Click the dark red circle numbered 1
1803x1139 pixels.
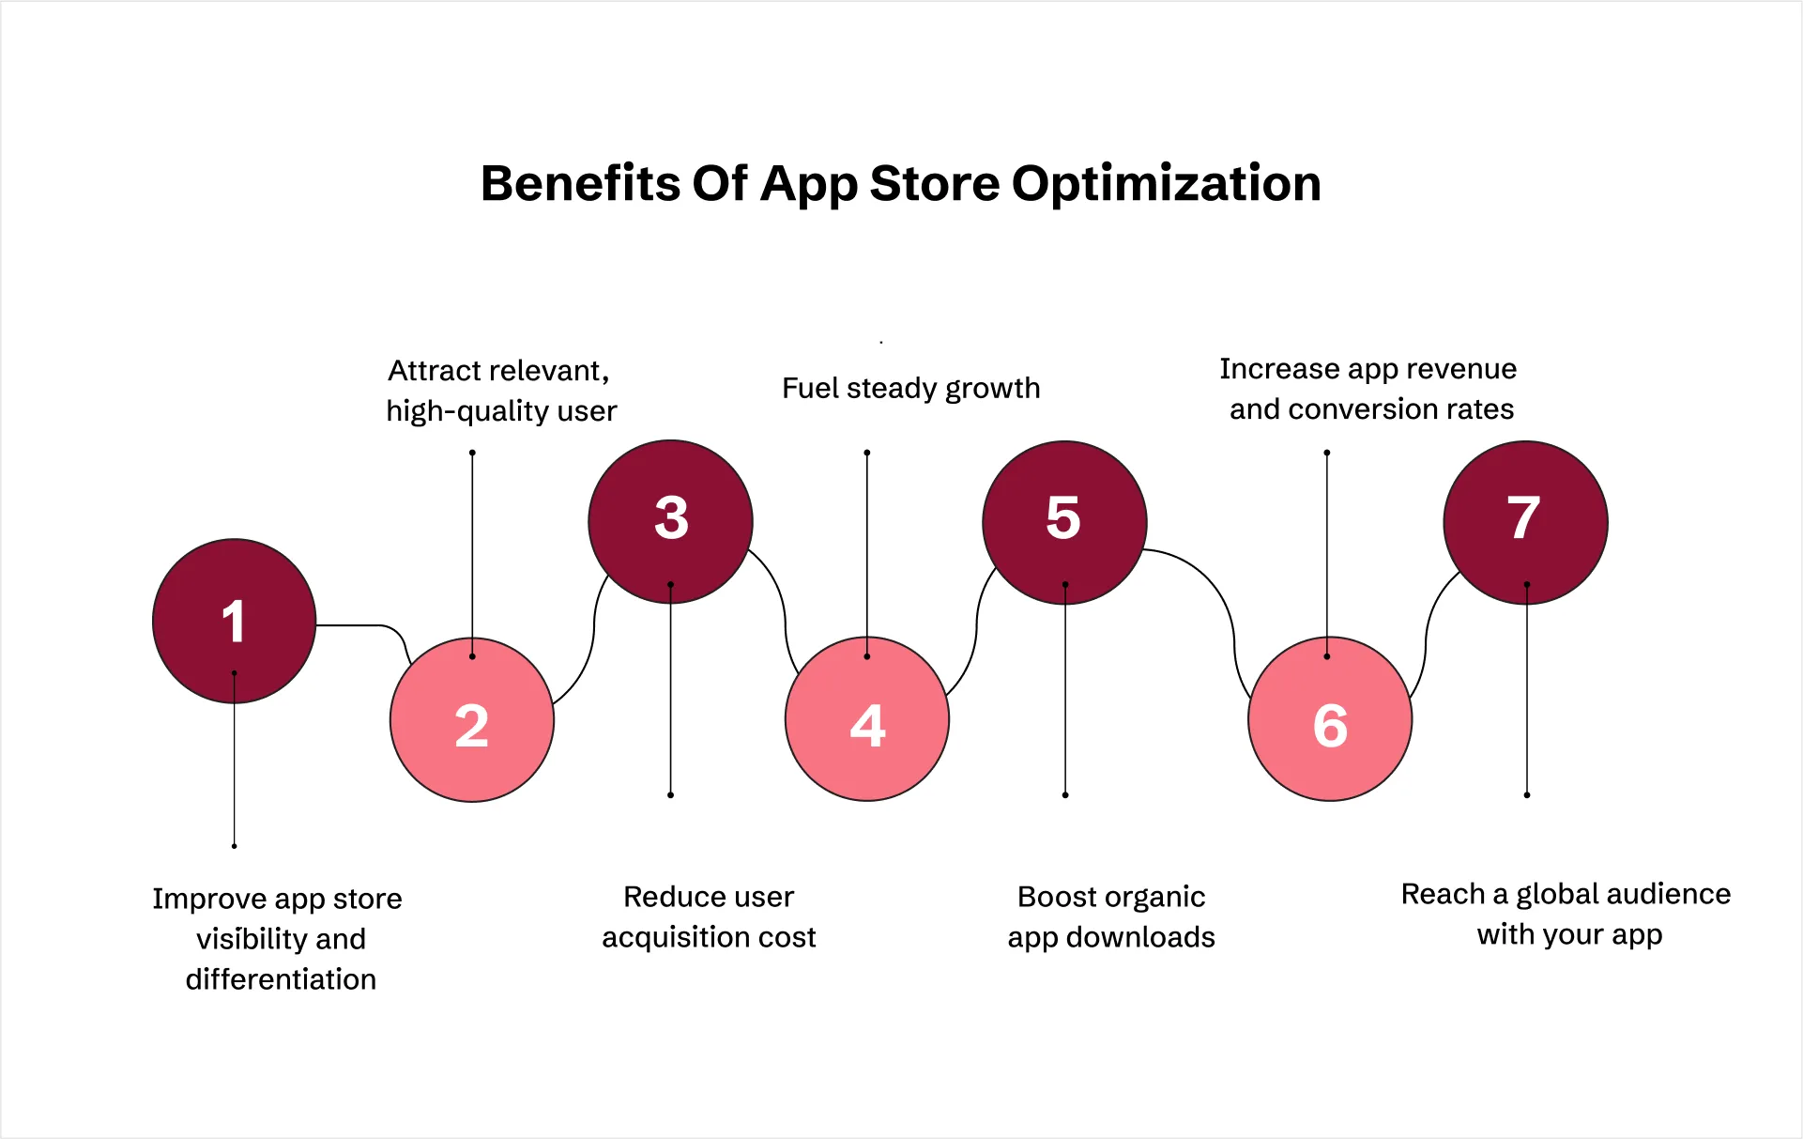point(234,621)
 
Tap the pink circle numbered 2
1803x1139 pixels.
point(472,720)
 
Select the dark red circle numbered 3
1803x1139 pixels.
point(670,521)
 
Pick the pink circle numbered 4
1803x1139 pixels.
point(867,720)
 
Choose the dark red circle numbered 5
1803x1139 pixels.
point(1064,521)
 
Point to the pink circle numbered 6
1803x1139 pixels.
point(1330,720)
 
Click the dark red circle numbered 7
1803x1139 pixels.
point(1525,521)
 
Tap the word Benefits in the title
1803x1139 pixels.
point(580,184)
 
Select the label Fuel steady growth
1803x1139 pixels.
point(910,388)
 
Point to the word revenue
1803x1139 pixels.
point(1469,369)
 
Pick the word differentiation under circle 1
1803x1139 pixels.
point(281,979)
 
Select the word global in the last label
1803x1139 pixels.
point(1563,894)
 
